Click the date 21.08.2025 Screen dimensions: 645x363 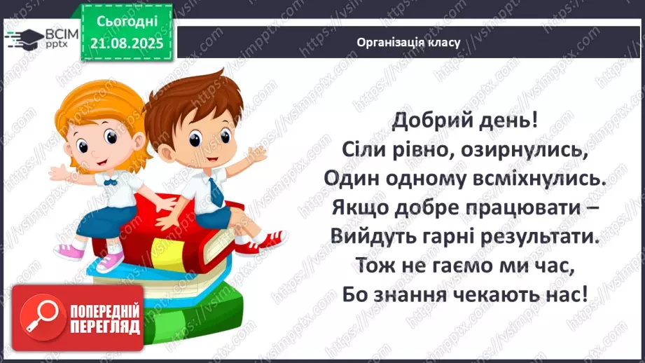point(127,43)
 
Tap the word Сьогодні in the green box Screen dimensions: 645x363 point(127,22)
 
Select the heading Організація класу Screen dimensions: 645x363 point(408,42)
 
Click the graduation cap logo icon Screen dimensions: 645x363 point(25,39)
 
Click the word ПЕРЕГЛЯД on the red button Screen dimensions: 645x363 point(105,327)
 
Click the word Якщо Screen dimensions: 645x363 point(361,208)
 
